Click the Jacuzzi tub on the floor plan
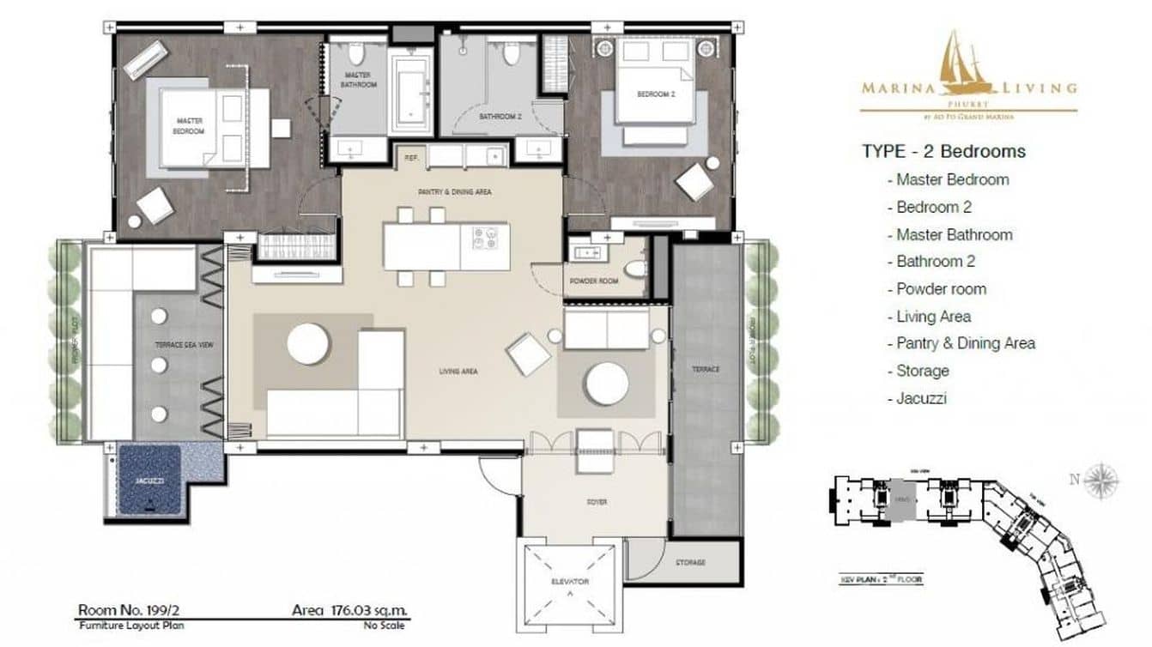pyautogui.click(x=149, y=481)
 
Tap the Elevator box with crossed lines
pyautogui.click(x=568, y=581)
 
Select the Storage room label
pyautogui.click(x=689, y=562)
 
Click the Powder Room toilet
pyautogui.click(x=635, y=269)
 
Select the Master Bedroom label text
pyautogui.click(x=190, y=126)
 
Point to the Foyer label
pyautogui.click(x=597, y=502)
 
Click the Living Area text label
pyautogui.click(x=458, y=372)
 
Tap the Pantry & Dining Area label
pyautogui.click(x=454, y=192)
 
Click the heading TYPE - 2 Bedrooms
pyautogui.click(x=943, y=152)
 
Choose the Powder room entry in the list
pyautogui.click(x=941, y=289)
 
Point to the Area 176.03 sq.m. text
pyautogui.click(x=350, y=611)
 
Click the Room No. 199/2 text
pyautogui.click(x=129, y=611)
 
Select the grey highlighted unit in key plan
pyautogui.click(x=902, y=497)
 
